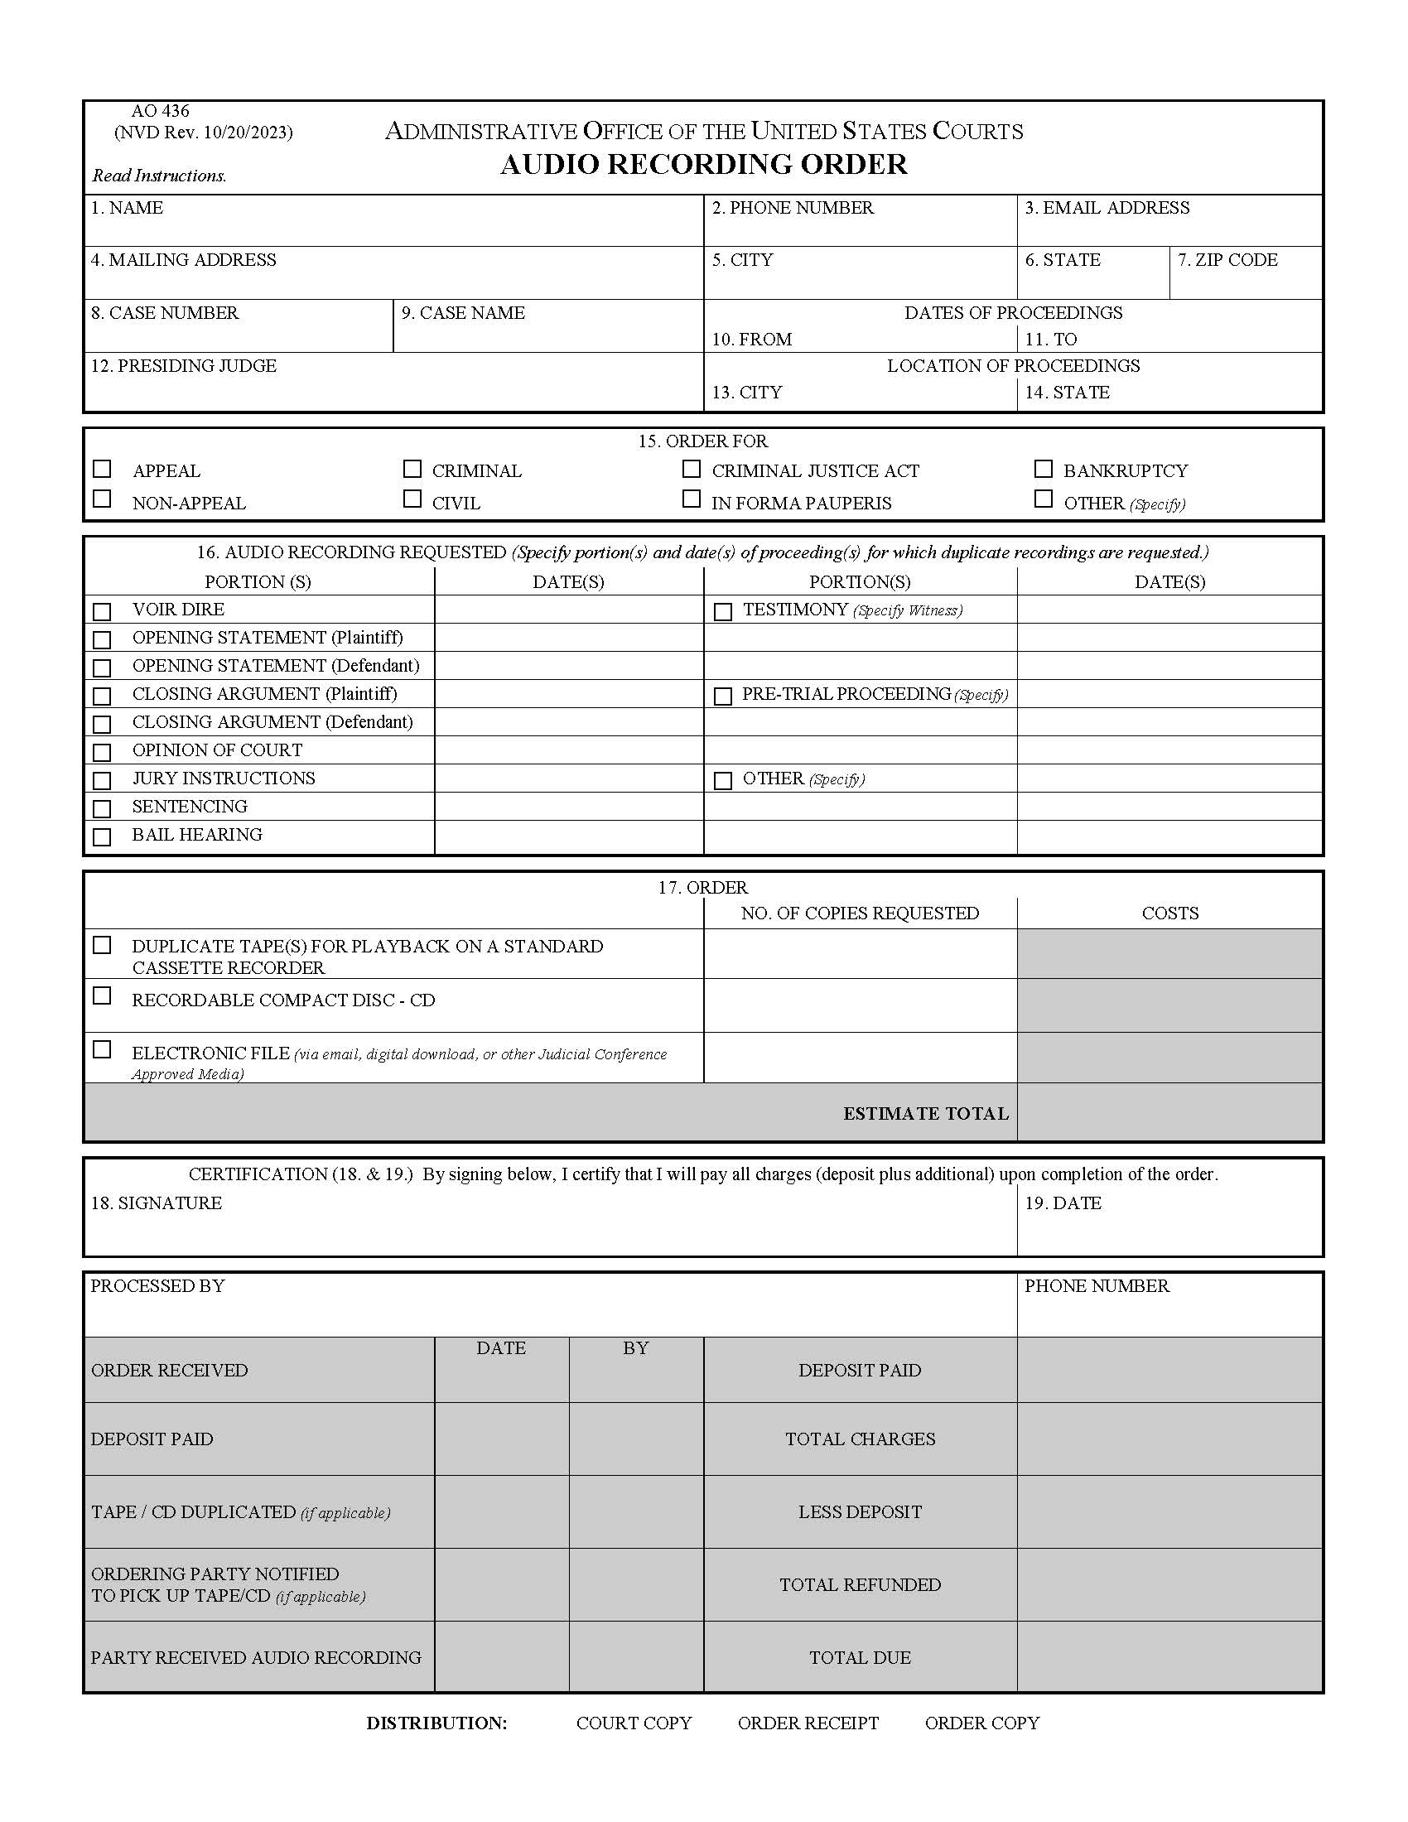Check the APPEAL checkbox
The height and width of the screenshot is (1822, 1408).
click(x=102, y=469)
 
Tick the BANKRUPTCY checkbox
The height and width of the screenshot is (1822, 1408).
click(x=1043, y=469)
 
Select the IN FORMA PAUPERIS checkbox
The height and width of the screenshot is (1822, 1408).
click(x=691, y=499)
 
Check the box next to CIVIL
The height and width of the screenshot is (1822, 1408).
click(x=412, y=499)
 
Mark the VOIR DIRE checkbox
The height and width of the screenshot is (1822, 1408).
click(x=102, y=611)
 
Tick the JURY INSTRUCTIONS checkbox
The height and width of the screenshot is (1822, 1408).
click(x=102, y=780)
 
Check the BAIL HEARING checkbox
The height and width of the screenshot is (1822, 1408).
click(x=102, y=836)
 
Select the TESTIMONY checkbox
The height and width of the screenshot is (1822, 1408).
click(x=723, y=611)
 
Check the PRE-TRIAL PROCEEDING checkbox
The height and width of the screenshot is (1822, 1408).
click(x=723, y=696)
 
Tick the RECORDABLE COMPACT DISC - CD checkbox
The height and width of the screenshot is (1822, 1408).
click(x=102, y=995)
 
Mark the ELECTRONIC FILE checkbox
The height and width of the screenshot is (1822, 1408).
click(x=102, y=1049)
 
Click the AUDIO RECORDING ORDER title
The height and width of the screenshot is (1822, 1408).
click(x=703, y=164)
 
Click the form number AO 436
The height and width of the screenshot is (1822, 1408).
click(x=160, y=111)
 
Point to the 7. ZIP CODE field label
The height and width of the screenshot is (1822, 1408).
click(x=1227, y=259)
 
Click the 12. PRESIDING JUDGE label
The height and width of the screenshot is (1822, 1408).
click(x=184, y=365)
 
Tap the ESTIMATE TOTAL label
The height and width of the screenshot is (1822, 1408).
click(x=925, y=1114)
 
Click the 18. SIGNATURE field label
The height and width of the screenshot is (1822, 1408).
click(x=156, y=1203)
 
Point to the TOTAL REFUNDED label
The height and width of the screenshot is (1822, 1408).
click(x=860, y=1585)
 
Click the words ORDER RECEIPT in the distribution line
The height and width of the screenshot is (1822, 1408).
click(x=808, y=1723)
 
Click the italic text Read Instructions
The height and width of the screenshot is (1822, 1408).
click(x=159, y=176)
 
